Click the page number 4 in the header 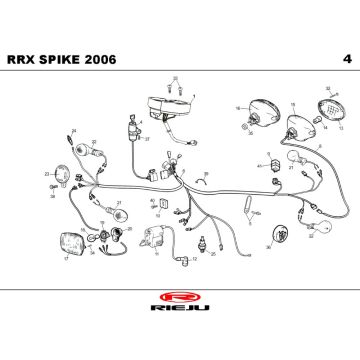[x=344, y=59]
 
